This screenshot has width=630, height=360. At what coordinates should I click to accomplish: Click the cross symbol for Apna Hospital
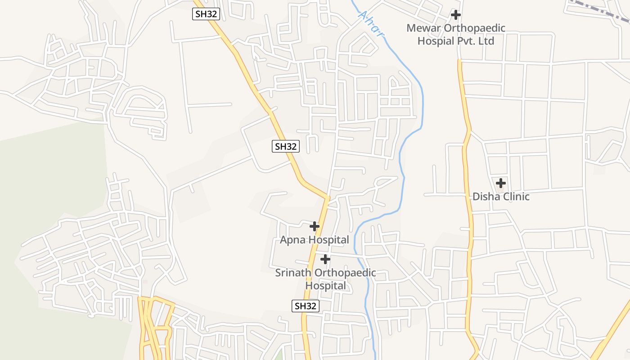point(315,226)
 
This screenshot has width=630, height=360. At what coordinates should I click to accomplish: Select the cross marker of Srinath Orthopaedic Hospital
point(325,259)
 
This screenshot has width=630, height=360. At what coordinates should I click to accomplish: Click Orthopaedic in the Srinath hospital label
point(345,273)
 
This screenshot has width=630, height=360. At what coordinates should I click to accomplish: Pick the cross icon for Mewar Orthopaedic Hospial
point(456,15)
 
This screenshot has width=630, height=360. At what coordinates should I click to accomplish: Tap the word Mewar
point(423,28)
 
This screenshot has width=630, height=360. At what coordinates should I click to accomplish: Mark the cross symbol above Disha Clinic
point(500,183)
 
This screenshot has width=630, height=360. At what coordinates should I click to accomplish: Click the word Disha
point(484,197)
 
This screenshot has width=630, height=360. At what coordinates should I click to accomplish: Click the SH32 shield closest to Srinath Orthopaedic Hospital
point(306,306)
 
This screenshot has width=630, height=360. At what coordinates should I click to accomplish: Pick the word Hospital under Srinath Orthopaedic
point(326,286)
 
